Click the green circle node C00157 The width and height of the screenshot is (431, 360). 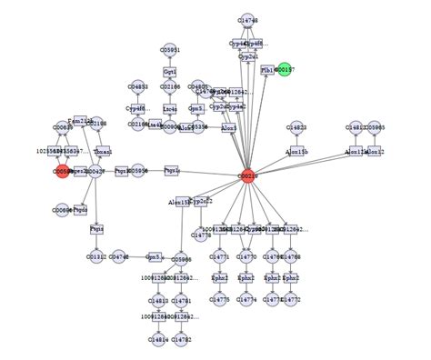pyautogui.click(x=285, y=69)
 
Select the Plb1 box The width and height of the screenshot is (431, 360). pyautogui.click(x=267, y=70)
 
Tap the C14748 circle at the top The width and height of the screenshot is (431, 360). pyautogui.click(x=247, y=20)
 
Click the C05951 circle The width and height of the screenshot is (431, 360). pyautogui.click(x=170, y=50)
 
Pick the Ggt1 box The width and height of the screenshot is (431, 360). pyautogui.click(x=170, y=71)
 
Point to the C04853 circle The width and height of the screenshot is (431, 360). pyautogui.click(x=137, y=86)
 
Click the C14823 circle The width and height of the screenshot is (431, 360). pyautogui.click(x=296, y=128)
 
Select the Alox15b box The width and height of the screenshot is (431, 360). pyautogui.click(x=296, y=151)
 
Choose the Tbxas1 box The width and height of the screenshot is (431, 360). pyautogui.click(x=103, y=151)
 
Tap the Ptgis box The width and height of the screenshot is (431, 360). pyautogui.click(x=96, y=229)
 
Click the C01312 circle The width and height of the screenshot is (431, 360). pyautogui.click(x=96, y=257)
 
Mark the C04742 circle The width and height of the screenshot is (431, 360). pyautogui.click(x=119, y=257)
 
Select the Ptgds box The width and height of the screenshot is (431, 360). pyautogui.click(x=80, y=209)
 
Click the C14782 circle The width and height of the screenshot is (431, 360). pyautogui.click(x=182, y=339)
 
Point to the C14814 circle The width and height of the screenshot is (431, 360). pyautogui.click(x=159, y=339)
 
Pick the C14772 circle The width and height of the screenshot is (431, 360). pyautogui.click(x=292, y=299)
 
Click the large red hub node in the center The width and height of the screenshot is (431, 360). pyautogui.click(x=248, y=175)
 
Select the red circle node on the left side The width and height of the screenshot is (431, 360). pyautogui.click(x=62, y=171)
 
